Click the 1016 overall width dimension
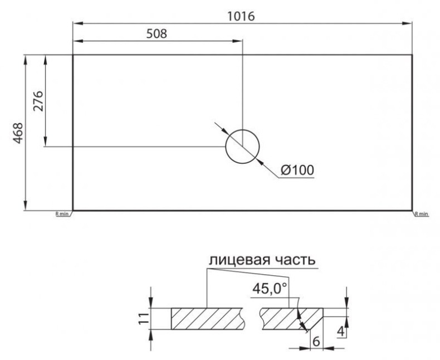point(242,16)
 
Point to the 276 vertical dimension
point(38,101)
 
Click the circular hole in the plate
point(242,147)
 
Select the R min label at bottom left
point(61,214)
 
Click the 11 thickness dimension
point(144,319)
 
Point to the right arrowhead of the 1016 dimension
point(408,23)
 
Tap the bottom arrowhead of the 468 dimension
point(25,207)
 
